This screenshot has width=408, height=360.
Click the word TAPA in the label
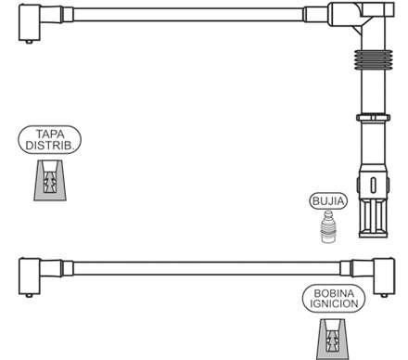pyautogui.click(x=50, y=134)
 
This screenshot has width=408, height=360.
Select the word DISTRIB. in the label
pyautogui.click(x=50, y=145)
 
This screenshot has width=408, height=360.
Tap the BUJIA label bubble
pyautogui.click(x=328, y=201)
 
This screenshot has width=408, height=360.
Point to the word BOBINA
pyautogui.click(x=334, y=293)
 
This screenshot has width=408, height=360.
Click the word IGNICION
pyautogui.click(x=334, y=303)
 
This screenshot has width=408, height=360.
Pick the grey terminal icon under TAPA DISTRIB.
pyautogui.click(x=50, y=181)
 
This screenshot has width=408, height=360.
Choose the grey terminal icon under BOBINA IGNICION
pyautogui.click(x=334, y=340)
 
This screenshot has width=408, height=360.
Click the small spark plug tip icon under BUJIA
pyautogui.click(x=327, y=226)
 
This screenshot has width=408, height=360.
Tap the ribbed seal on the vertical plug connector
pyautogui.click(x=374, y=59)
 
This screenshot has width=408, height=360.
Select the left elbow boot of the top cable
pyautogui.click(x=30, y=22)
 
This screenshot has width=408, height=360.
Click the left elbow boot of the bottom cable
pyautogui.click(x=30, y=276)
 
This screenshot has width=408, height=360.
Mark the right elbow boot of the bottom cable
pyautogui.click(x=384, y=276)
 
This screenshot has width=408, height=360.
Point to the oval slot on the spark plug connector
pyautogui.click(x=374, y=184)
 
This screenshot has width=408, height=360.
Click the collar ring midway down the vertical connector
pyautogui.click(x=373, y=118)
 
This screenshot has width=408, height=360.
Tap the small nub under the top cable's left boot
pyautogui.click(x=29, y=42)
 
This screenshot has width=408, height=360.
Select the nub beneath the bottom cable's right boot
pyautogui.click(x=384, y=295)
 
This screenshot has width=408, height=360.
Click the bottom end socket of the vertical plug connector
pyautogui.click(x=373, y=218)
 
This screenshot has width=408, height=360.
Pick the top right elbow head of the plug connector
pyautogui.click(x=361, y=12)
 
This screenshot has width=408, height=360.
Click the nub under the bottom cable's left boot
pyautogui.click(x=29, y=295)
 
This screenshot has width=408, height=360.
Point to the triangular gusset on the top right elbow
pyautogui.click(x=357, y=30)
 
